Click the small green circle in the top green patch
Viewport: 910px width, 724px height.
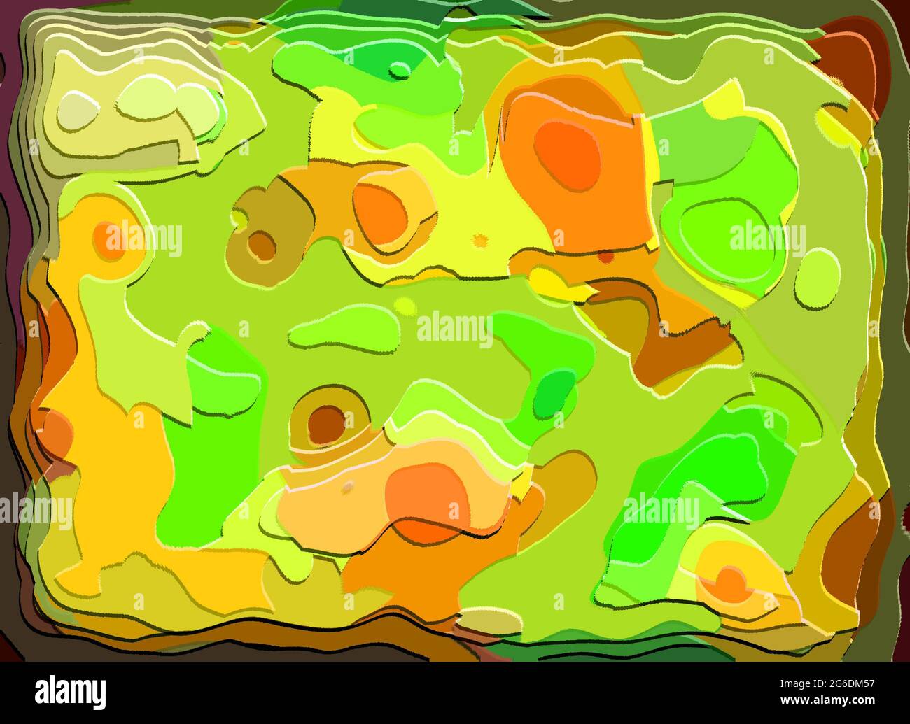400,70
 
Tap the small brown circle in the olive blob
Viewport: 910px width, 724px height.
261,245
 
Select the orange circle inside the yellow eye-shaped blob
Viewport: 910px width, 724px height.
730,584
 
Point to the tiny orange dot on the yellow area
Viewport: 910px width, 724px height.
480,240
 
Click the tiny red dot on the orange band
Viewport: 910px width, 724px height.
605,257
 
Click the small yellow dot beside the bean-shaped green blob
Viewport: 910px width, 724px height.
405,306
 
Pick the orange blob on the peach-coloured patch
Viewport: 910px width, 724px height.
427,502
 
